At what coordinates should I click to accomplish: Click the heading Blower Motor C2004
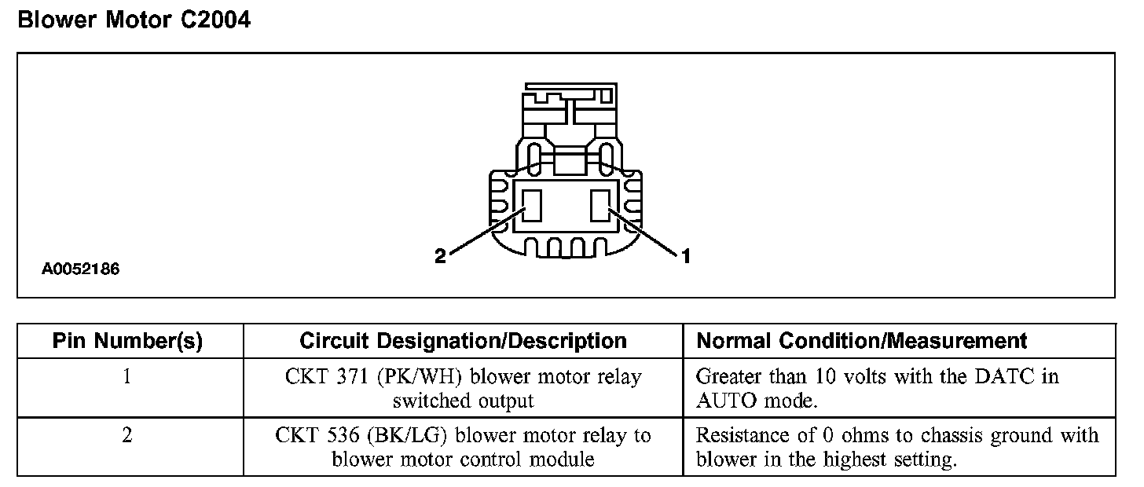134,20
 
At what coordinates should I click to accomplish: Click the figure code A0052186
81,269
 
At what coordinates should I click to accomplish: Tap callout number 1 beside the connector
686,255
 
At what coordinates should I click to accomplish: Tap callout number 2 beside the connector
440,255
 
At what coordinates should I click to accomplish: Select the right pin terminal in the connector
601,204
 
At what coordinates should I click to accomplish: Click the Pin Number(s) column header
127,341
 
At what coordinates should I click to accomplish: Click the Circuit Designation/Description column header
463,341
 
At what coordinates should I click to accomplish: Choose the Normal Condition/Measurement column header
862,341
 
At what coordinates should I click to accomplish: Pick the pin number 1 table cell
127,376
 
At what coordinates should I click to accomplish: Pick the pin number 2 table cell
127,435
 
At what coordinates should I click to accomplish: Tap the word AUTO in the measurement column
723,401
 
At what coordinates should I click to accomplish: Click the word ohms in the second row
847,435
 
